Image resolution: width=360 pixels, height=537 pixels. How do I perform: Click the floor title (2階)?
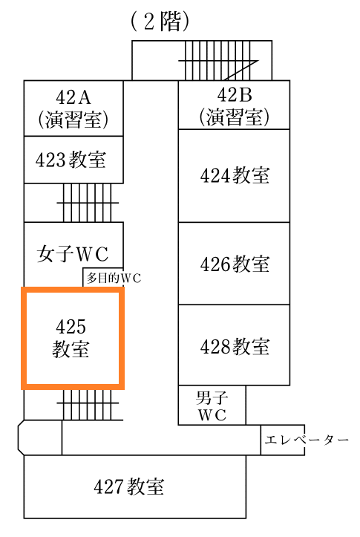click(160, 22)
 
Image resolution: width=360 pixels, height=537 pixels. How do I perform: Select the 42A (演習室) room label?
click(73, 109)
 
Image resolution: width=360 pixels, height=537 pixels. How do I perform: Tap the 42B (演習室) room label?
click(235, 106)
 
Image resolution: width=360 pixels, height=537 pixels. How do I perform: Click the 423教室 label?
click(71, 160)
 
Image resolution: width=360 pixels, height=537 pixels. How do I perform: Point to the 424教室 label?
click(235, 175)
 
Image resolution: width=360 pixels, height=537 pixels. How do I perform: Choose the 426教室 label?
click(235, 264)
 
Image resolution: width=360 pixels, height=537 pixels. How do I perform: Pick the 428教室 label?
click(235, 346)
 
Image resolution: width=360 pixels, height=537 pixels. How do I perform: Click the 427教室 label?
click(129, 486)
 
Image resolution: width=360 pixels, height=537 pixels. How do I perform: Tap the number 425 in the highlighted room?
click(71, 326)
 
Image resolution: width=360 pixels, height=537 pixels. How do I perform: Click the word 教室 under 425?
click(71, 349)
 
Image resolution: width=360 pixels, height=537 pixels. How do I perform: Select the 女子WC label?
click(73, 254)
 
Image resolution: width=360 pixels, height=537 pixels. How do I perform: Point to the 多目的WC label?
click(114, 278)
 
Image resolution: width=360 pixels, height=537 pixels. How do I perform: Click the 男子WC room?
click(212, 405)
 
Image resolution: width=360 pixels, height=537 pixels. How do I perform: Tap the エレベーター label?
click(307, 440)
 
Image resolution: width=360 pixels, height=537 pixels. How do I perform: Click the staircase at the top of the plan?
click(218, 60)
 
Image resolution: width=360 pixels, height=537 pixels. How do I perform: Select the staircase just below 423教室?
click(88, 203)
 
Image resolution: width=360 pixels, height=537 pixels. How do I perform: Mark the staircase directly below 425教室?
click(90, 405)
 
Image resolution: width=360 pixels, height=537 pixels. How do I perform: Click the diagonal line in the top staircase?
click(241, 71)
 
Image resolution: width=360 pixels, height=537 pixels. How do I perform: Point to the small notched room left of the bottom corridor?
click(39, 437)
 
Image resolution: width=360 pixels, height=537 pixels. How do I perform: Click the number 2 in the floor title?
click(149, 22)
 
